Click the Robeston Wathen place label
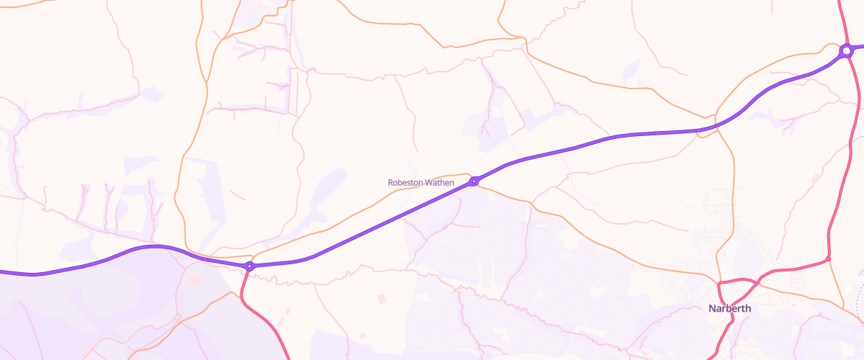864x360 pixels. [x=420, y=183]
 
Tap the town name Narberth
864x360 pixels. [x=729, y=309]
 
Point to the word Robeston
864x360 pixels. [x=404, y=183]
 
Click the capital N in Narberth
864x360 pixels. [x=712, y=309]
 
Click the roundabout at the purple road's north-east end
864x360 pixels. [x=846, y=51]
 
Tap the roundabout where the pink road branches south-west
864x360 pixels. [x=249, y=266]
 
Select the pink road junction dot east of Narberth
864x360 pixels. [x=828, y=258]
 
